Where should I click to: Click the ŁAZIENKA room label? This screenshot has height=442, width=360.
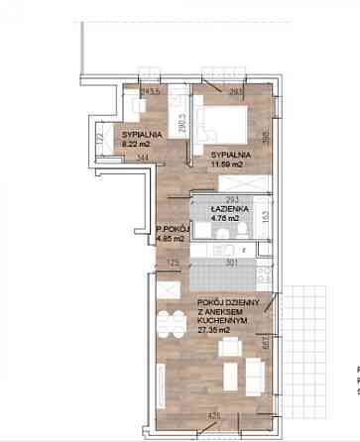click(x=229, y=211)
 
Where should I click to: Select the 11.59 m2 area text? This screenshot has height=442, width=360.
click(x=229, y=165)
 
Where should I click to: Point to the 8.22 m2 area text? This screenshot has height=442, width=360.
click(x=136, y=145)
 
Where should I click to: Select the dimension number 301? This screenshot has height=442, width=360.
click(x=230, y=264)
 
